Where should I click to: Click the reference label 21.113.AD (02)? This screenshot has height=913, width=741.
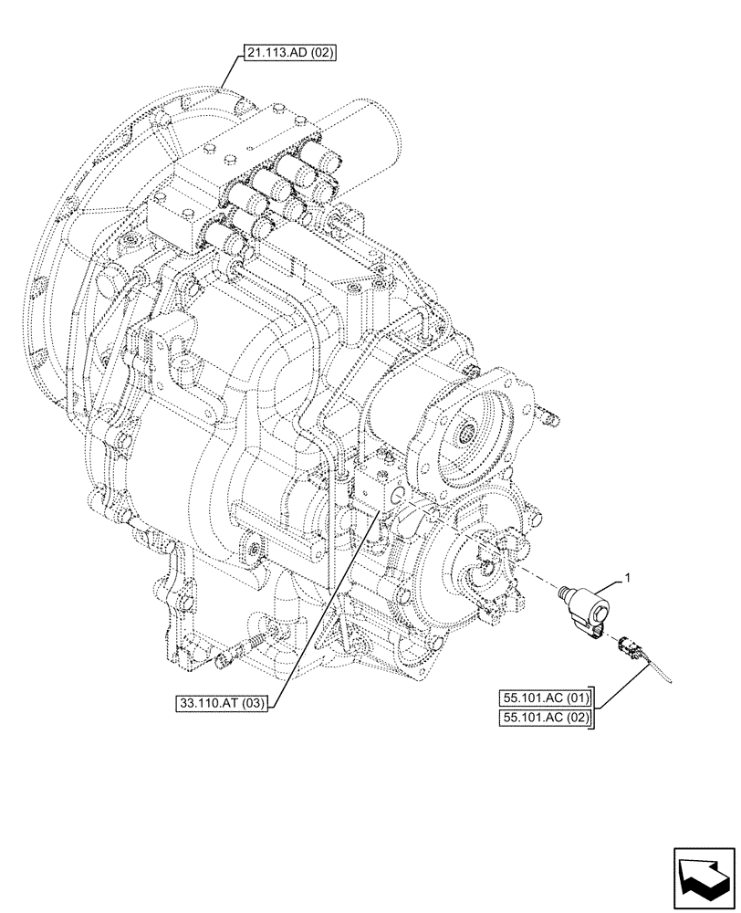[x=290, y=54]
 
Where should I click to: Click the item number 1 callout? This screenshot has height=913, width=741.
[x=627, y=576]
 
